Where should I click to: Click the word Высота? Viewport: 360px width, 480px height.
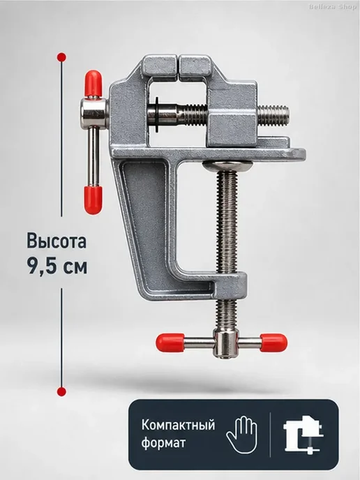click(x=57, y=241)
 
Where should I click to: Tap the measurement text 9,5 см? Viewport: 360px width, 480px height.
click(x=57, y=266)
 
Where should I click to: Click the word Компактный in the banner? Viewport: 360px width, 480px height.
click(x=178, y=425)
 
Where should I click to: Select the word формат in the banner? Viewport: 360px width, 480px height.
click(x=163, y=442)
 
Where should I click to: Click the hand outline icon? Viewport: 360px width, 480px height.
click(x=241, y=434)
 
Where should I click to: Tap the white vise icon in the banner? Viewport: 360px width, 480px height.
click(x=303, y=435)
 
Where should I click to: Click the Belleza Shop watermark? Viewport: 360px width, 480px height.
click(x=333, y=7)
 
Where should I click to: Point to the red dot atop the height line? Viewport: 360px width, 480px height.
click(x=62, y=57)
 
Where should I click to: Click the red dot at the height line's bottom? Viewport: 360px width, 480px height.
click(x=62, y=391)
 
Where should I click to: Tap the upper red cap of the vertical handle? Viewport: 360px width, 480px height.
click(x=93, y=83)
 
